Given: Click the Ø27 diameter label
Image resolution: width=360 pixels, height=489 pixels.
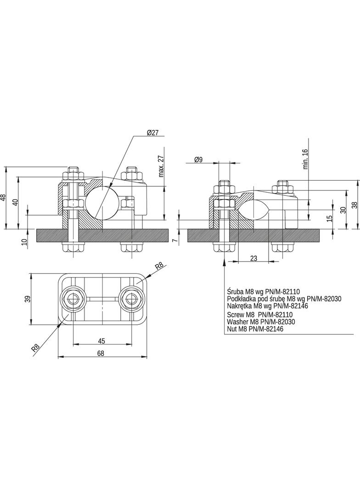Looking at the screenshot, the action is [153, 133].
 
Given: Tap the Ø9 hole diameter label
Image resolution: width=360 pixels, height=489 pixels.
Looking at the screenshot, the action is [198, 159].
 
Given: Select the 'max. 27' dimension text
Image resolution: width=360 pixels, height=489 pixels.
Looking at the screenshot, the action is [161, 166].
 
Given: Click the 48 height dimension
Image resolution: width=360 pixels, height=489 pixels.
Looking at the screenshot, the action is [3, 198].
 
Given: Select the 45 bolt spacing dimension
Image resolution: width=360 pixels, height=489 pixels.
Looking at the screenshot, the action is [101, 341].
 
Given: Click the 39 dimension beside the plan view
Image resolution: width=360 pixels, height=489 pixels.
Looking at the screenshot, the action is [28, 299].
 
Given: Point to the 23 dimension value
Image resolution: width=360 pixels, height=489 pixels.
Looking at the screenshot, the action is [254, 258].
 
